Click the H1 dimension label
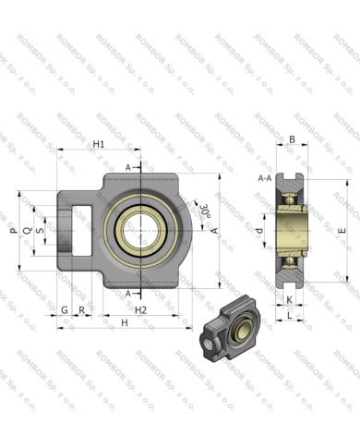99,145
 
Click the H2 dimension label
140,310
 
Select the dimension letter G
65,310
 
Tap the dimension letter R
82,310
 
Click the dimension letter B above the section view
292,140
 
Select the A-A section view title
264,178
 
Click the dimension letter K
289,300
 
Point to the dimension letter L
289,316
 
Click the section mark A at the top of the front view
129,167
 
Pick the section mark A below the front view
129,293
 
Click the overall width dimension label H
124,322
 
